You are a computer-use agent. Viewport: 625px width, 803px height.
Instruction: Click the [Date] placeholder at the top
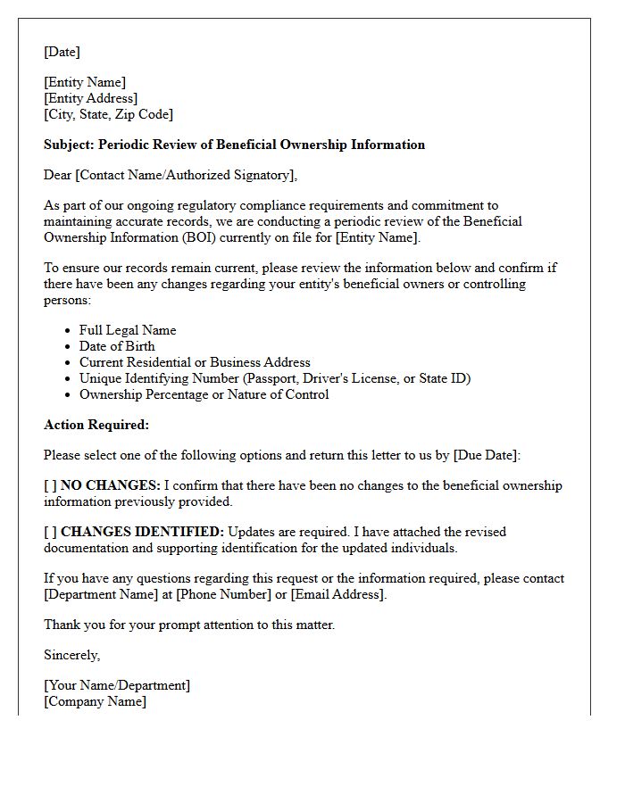pos(62,52)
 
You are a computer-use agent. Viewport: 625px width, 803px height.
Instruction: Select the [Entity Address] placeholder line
pos(91,98)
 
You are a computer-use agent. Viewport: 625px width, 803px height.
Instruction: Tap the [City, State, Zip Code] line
pos(108,114)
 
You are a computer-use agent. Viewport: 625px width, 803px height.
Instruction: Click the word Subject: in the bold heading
pos(69,145)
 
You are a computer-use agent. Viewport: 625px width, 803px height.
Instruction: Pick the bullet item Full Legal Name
pos(128,330)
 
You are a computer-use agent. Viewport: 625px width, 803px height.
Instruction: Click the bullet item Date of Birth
pos(117,346)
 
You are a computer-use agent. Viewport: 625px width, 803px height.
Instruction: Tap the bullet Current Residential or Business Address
pos(195,362)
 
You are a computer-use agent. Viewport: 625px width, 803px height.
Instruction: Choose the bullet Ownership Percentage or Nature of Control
pos(204,394)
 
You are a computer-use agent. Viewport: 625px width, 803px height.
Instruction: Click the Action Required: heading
pos(96,425)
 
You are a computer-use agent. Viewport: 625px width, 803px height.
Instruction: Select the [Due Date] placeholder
pos(485,455)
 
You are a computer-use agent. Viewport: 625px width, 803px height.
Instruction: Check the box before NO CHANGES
pos(50,485)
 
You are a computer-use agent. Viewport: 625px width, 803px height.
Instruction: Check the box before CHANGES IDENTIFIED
pos(50,532)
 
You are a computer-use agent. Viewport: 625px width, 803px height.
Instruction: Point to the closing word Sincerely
pos(71,655)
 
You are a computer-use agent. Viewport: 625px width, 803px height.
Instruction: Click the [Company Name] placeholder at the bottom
pos(95,701)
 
